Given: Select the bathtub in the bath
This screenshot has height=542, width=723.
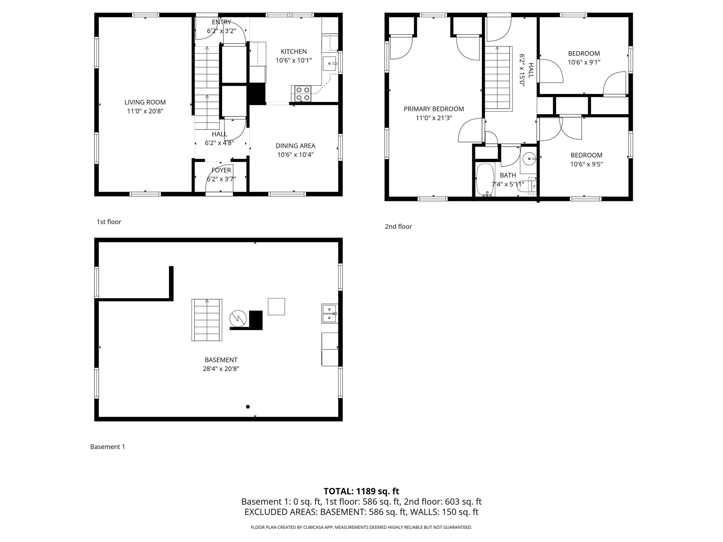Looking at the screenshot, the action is (485, 180).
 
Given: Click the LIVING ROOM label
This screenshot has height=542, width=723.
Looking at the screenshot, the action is (145, 102).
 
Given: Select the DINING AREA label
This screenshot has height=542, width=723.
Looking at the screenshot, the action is (295, 146).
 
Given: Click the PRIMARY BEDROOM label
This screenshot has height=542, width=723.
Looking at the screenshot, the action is (434, 109).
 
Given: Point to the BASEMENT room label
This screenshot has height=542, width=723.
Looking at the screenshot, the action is (221, 360).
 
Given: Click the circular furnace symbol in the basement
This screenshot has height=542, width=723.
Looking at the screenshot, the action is (238, 319).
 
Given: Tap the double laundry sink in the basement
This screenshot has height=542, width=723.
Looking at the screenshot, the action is (330, 314).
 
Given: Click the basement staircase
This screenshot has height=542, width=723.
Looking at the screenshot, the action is (207, 320).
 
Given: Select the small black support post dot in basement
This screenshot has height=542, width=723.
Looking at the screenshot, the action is (248, 407).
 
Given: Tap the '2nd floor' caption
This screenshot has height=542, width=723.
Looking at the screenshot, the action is (398, 226).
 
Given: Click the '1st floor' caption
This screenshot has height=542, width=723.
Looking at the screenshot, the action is (109, 222).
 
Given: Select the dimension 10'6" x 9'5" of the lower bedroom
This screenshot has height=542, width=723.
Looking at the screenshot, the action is (586, 164).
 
